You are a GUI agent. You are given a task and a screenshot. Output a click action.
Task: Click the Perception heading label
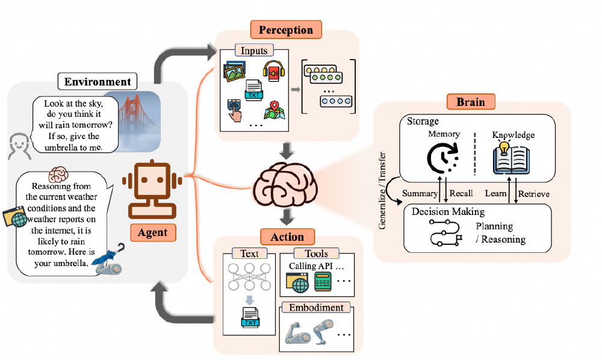[x=286, y=29]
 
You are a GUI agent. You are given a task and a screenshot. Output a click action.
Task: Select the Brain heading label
[x=471, y=101]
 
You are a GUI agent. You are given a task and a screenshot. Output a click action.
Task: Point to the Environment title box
[x=98, y=82]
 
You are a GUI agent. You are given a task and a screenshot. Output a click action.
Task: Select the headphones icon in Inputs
[x=272, y=71]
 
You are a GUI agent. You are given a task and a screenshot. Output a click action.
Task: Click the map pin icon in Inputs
[x=273, y=110]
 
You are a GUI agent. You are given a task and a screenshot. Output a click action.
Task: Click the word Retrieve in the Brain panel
[x=534, y=194]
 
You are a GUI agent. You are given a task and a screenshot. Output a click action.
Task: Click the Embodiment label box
[x=317, y=308]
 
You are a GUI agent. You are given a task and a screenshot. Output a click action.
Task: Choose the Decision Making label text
[x=448, y=212]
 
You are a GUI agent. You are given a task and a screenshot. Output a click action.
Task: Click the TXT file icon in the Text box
[x=249, y=317]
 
